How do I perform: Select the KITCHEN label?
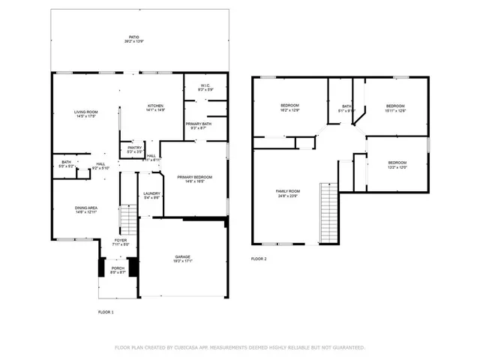[155, 107]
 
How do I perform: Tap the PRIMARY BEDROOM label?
[194, 178]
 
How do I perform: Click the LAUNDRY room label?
[151, 196]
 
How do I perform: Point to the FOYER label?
[121, 242]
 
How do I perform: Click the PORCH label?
[118, 270]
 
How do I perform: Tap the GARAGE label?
[182, 259]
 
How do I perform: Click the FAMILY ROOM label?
[288, 193]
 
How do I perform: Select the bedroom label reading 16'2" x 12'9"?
[290, 107]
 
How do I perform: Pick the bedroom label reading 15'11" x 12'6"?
[395, 108]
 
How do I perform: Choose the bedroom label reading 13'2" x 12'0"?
[397, 165]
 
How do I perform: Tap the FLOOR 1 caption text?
[106, 311]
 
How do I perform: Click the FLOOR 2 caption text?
[259, 259]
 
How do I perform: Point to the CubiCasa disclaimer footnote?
[239, 347]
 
